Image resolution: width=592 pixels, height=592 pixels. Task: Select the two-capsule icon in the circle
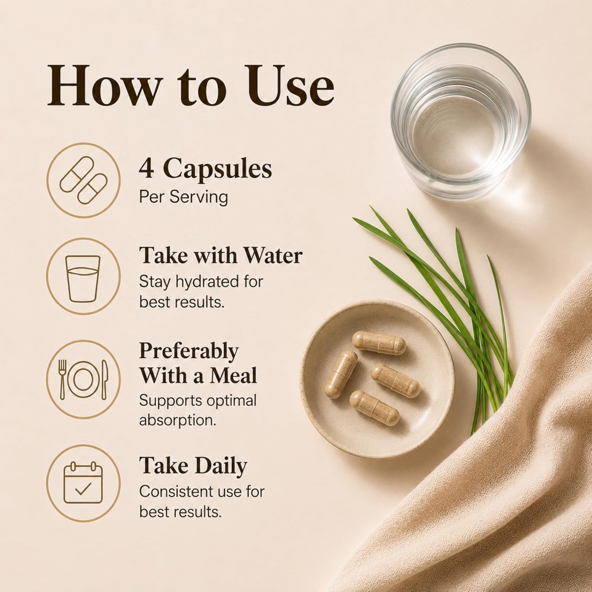click(83, 180)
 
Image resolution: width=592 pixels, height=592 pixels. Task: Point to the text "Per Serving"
click(184, 197)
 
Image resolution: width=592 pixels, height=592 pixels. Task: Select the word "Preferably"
click(188, 351)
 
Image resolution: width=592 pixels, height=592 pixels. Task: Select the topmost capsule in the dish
click(379, 343)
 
